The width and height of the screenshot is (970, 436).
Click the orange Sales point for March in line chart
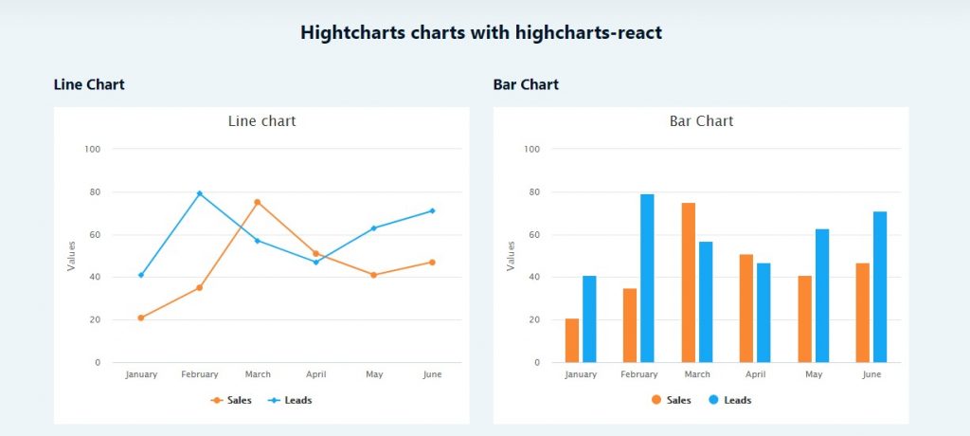point(257,202)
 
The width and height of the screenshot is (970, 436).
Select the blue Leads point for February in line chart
point(199,193)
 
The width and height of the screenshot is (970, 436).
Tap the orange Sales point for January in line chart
point(141,318)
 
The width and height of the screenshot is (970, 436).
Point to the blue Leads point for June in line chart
point(432,210)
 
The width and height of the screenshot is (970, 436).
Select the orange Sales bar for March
point(688,282)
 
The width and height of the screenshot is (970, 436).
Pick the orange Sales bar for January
point(571,340)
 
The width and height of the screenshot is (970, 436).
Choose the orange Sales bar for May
point(804,318)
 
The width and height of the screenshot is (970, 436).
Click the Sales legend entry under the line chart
point(231,400)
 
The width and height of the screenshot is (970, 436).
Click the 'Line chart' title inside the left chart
point(261,121)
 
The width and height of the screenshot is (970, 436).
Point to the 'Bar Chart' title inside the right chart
point(701,121)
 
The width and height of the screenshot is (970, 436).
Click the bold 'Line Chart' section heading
point(89,84)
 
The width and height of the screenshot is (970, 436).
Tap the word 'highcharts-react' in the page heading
point(588,32)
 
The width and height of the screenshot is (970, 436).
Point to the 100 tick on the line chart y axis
point(92,149)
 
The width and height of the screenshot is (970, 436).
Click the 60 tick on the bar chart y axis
point(532,234)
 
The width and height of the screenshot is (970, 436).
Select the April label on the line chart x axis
point(315,374)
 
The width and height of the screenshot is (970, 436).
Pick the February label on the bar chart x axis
point(639,374)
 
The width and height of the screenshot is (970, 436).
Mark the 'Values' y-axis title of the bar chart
point(512,256)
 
